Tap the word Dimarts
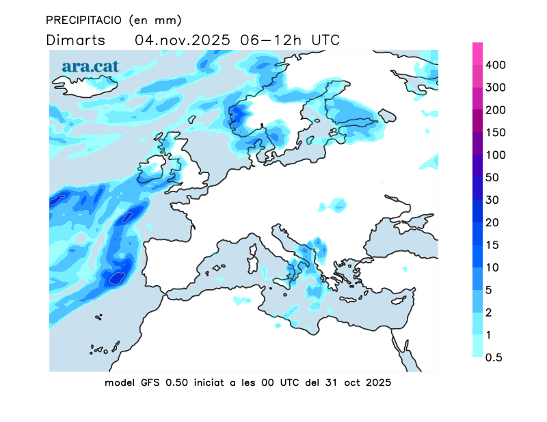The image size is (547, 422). (x=75, y=40)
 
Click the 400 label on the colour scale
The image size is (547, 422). (x=495, y=65)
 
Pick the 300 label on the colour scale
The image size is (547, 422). (x=495, y=88)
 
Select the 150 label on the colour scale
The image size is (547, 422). (x=495, y=133)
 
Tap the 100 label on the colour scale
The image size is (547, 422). (x=495, y=155)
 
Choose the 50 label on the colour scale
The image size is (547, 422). (x=492, y=178)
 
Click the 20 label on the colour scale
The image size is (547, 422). (x=492, y=223)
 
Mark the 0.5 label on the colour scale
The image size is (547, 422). (x=494, y=358)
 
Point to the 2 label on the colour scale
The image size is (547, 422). (x=489, y=313)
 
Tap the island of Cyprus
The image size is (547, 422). (x=401, y=300)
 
